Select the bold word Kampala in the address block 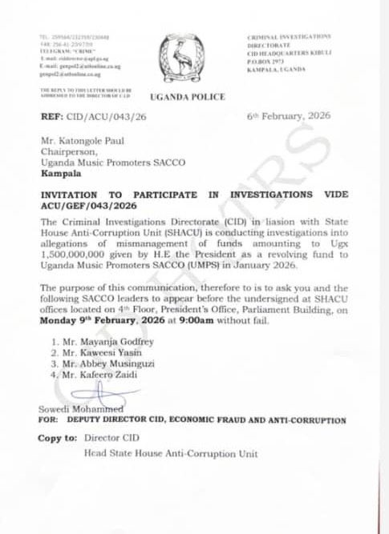(59, 174)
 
